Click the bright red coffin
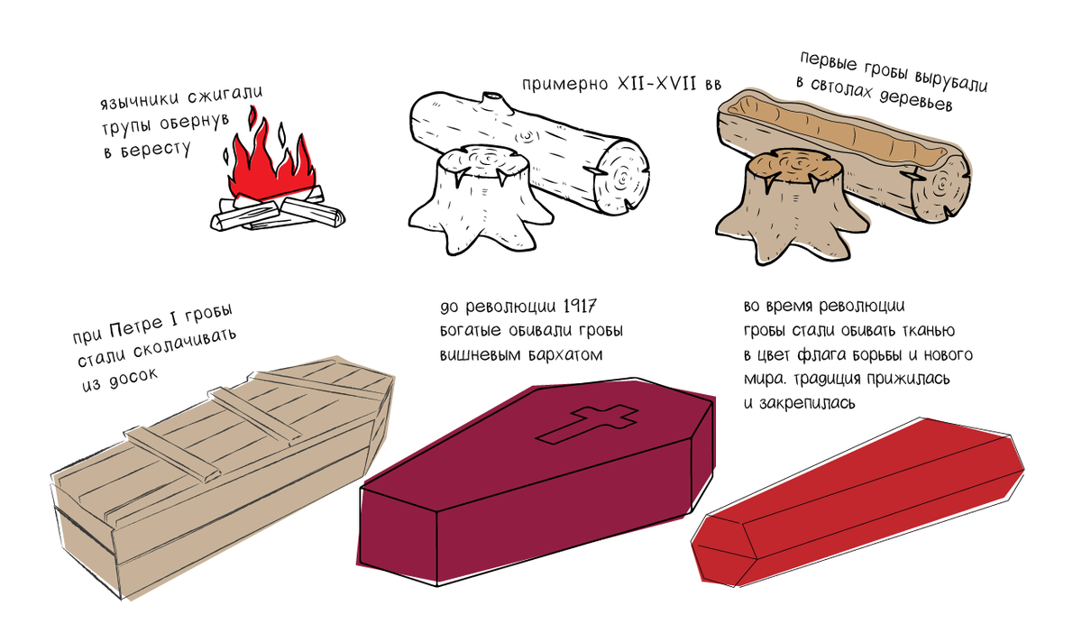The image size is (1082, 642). click(x=857, y=500)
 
